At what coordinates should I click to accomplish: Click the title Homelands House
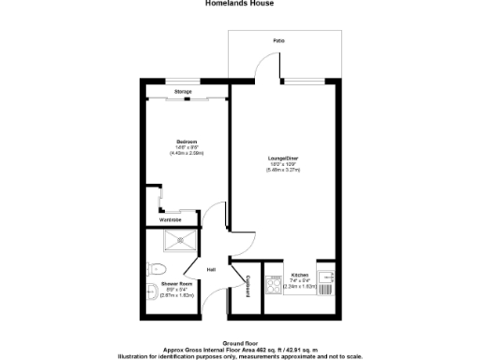point(239,3)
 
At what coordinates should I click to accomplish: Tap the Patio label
point(278,41)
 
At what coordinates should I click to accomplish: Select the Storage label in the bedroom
point(184,91)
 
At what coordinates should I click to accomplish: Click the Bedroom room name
point(187,141)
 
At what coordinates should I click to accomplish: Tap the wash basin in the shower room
point(152,292)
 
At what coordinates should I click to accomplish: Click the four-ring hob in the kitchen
point(273,285)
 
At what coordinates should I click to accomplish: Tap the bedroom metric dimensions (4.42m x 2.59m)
point(187,152)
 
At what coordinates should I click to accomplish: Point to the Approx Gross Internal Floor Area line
point(238,348)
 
